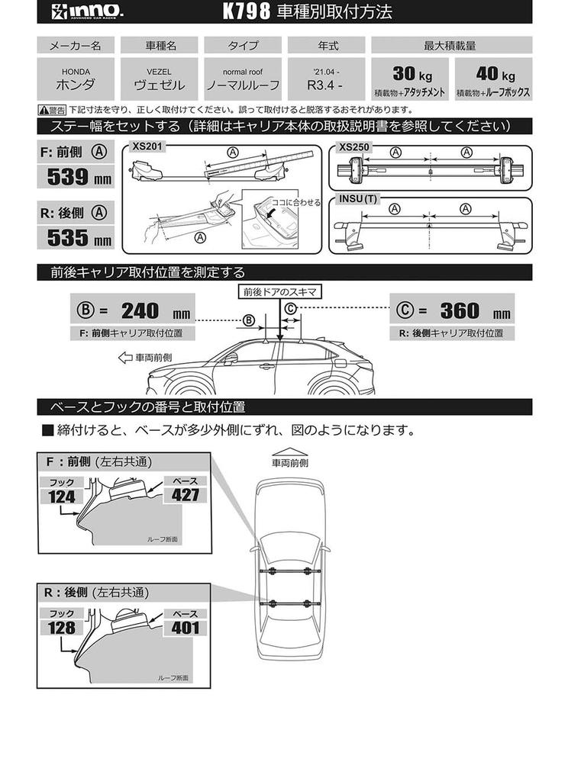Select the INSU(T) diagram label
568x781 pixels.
[357, 199]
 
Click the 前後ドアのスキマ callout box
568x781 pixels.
[280, 291]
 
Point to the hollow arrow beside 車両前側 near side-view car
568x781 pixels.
[125, 356]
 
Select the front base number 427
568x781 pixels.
[185, 495]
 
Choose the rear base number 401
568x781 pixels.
[185, 627]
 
